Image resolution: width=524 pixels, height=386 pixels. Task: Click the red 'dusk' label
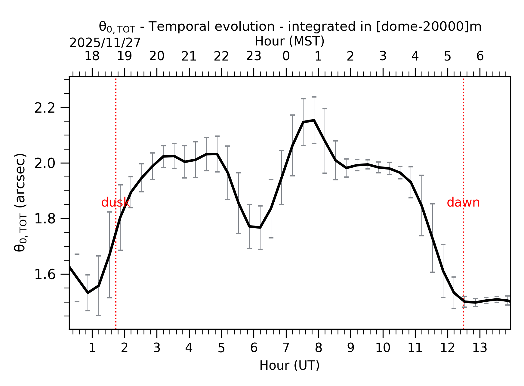pos(116,203)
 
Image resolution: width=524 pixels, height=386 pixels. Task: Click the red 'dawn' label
pos(463,203)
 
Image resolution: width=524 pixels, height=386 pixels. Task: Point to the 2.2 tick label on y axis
pos(45,108)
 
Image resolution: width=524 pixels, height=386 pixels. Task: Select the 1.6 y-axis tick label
pos(45,275)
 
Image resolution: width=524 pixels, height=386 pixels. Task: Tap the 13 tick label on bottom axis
pos(479,348)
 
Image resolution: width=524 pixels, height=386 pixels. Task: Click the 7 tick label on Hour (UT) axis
pos(286,348)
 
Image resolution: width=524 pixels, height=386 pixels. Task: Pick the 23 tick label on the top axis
pos(254,56)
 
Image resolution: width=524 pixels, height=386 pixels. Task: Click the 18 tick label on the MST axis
pos(92,56)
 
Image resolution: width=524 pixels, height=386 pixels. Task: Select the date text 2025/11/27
pos(105,43)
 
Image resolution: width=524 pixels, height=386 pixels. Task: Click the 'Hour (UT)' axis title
pos(289,366)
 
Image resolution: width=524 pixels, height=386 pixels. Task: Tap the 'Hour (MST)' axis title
pos(289,41)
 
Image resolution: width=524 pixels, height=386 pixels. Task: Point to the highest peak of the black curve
pos(314,120)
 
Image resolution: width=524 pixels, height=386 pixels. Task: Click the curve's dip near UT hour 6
pos(260,227)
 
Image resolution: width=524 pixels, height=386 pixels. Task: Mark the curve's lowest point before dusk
pos(88,292)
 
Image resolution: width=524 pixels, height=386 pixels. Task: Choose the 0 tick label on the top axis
pos(286,56)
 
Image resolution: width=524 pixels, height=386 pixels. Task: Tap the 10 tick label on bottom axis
pos(383,348)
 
